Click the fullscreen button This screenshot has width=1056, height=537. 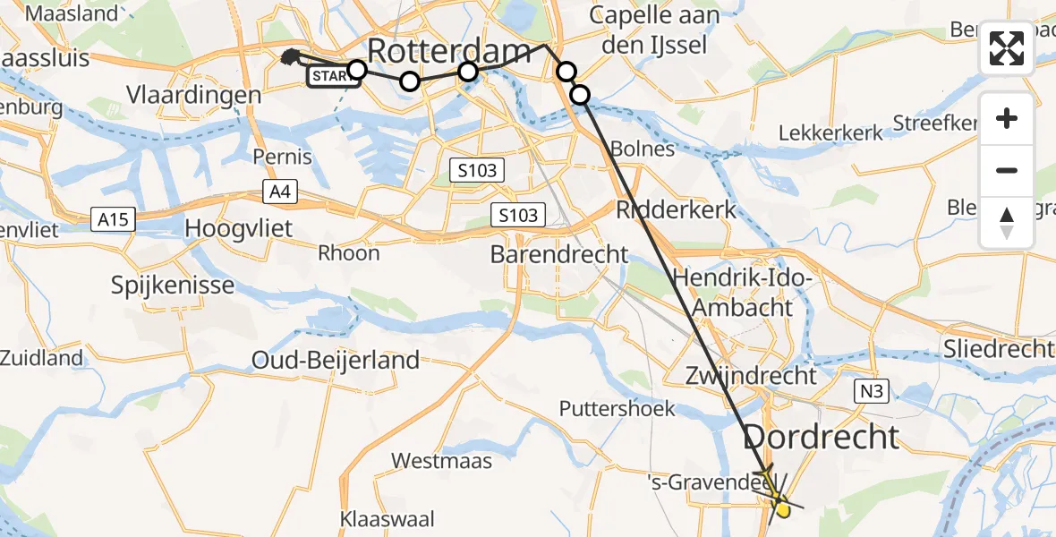(x=1007, y=48)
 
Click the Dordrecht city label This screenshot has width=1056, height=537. (x=821, y=438)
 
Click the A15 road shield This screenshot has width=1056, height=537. (x=113, y=218)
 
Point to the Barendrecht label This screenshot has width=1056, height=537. (x=559, y=254)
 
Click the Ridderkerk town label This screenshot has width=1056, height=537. (x=676, y=210)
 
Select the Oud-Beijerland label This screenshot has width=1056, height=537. (x=336, y=361)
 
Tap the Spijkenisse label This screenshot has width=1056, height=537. (x=173, y=286)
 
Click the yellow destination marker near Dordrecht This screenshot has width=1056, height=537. (x=782, y=510)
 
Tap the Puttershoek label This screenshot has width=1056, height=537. (x=617, y=409)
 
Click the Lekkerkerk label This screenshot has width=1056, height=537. (x=830, y=133)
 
